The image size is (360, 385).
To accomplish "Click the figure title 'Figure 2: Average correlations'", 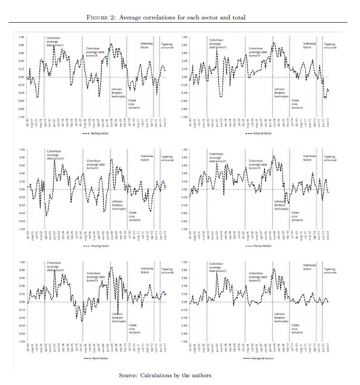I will pos(166,17).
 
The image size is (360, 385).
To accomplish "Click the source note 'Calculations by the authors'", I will pos(166,375).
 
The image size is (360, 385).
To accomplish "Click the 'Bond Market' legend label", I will pos(97,358).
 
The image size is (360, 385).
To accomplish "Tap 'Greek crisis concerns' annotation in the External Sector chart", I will pos(297,104).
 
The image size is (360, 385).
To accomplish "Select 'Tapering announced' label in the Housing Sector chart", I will pos(167,158).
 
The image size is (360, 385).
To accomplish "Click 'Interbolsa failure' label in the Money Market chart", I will pos(310,158).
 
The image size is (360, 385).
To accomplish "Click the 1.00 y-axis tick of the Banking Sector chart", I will pos(22,37).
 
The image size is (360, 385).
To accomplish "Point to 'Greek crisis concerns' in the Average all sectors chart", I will pos(297,328).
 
